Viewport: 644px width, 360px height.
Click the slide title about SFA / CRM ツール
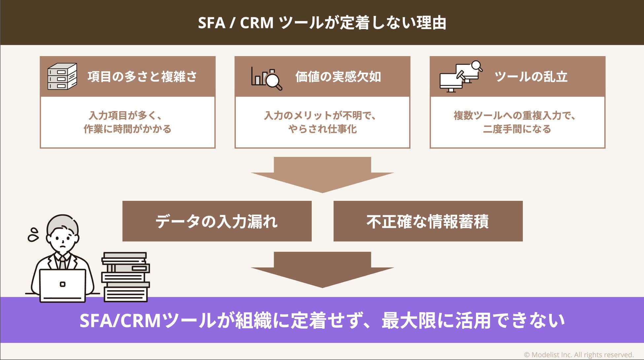[x=322, y=23]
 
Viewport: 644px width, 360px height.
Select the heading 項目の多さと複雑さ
[x=142, y=77]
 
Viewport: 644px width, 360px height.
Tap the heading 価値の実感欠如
[x=338, y=77]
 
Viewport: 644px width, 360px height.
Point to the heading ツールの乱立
[x=531, y=77]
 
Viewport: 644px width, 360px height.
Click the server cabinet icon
[x=62, y=76]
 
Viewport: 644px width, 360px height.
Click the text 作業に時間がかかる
[x=127, y=129]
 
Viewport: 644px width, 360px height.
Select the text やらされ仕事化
[x=322, y=129]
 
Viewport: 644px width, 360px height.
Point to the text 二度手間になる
[x=517, y=129]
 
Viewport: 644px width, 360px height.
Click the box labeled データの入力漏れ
[x=217, y=221]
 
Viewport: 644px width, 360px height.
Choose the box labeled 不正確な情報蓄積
[x=428, y=221]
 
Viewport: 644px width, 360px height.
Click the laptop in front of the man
[x=63, y=285]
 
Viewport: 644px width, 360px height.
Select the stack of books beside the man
[x=125, y=277]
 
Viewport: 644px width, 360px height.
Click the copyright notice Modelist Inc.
[x=579, y=355]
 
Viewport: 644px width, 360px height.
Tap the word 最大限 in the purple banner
[x=409, y=320]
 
